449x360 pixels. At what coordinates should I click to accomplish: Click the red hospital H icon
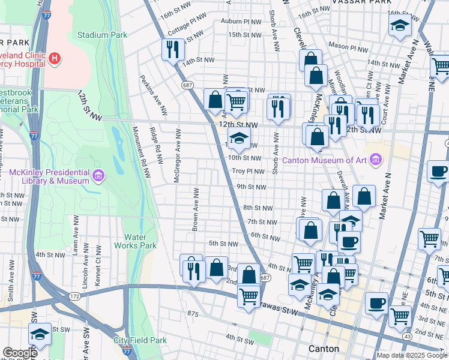(55, 58)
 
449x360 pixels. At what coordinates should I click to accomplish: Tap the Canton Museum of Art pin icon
(376, 160)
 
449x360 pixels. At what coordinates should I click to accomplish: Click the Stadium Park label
(102, 35)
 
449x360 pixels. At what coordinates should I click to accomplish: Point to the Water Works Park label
(139, 241)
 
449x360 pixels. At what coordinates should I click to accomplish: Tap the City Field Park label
(140, 340)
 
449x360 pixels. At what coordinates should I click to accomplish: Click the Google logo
(20, 353)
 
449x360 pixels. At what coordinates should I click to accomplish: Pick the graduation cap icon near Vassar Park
(399, 26)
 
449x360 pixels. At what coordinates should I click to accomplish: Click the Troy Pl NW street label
(248, 171)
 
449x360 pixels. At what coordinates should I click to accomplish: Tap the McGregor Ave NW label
(178, 147)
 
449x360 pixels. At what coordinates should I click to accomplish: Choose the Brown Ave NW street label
(195, 208)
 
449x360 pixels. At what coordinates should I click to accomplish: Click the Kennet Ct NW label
(100, 268)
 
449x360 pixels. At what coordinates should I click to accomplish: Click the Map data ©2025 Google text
(412, 355)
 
